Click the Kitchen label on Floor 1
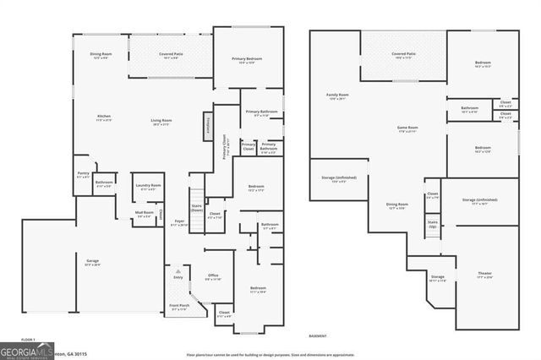pyautogui.click(x=104, y=117)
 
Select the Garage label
pyautogui.click(x=92, y=263)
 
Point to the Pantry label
pyautogui.click(x=83, y=174)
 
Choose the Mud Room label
pyautogui.click(x=145, y=215)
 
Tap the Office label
pyautogui.click(x=213, y=277)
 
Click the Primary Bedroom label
pyautogui.click(x=248, y=60)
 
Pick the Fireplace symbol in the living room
pyautogui.click(x=206, y=124)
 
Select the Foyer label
pyautogui.click(x=179, y=223)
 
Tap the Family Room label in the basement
pyautogui.click(x=337, y=96)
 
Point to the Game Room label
pyautogui.click(x=408, y=129)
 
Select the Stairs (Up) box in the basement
pyautogui.click(x=432, y=226)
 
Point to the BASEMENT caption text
pyautogui.click(x=317, y=336)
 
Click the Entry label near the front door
pyautogui.click(x=178, y=275)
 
